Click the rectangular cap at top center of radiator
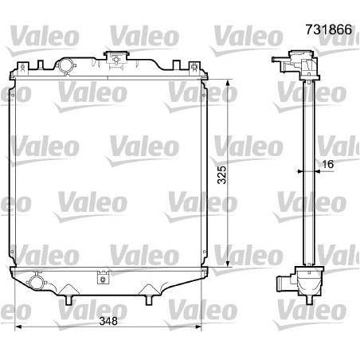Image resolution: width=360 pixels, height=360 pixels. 118,58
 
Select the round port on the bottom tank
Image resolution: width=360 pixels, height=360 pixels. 36,282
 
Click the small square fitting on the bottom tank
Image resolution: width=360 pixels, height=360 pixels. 103,278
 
